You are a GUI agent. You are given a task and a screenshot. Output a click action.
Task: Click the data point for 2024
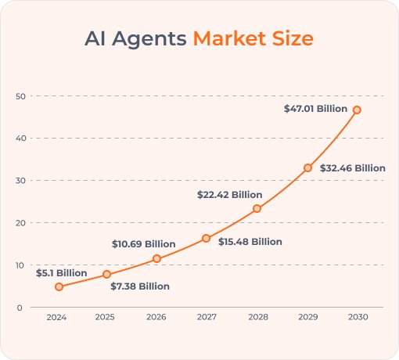point(59,286)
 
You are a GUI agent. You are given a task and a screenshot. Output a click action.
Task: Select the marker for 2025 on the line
point(107,274)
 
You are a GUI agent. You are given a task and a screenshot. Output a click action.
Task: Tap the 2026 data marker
point(156,258)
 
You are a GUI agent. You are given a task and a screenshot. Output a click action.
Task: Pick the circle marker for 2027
point(206,238)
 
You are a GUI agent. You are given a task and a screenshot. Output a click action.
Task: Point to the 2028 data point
point(257,208)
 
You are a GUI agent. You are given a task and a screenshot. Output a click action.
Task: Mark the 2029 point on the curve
point(307,167)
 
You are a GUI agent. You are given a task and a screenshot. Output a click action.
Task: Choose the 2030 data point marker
point(357,110)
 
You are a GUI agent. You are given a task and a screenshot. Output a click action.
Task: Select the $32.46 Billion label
point(353,167)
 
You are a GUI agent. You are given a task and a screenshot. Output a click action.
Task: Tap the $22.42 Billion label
point(229,195)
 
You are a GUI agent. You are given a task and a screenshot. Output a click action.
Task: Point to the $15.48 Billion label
point(250,242)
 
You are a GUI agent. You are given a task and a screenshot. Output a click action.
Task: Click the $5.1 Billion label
point(61,272)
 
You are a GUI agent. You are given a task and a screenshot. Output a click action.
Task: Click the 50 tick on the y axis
point(20,96)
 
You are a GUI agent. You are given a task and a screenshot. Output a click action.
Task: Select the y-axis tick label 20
point(20,223)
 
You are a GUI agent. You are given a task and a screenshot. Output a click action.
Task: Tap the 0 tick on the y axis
point(19,308)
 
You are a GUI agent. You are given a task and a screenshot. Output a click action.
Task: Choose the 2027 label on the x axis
point(207,318)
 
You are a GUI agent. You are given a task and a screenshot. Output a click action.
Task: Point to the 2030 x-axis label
point(358,318)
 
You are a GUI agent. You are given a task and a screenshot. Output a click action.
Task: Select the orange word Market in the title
point(227,38)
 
